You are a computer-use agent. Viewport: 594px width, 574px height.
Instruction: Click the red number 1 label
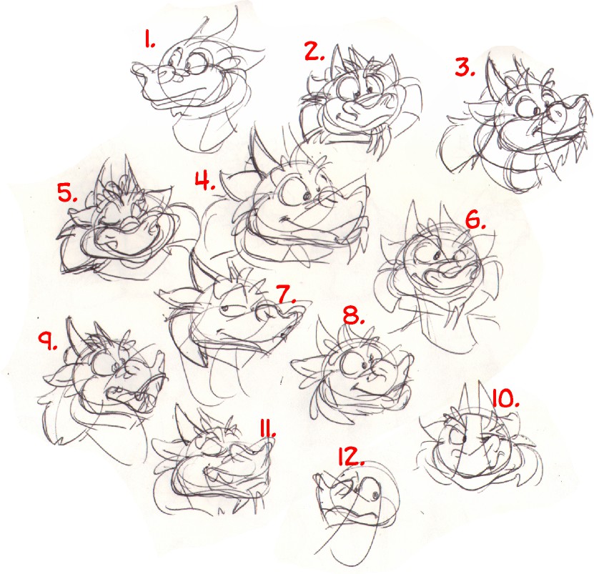point(149,39)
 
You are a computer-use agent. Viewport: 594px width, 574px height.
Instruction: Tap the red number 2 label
point(315,51)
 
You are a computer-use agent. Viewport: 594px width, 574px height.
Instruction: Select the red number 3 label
point(465,68)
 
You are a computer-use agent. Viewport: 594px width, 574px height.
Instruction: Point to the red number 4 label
point(205,180)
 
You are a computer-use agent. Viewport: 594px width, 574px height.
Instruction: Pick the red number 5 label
point(67,192)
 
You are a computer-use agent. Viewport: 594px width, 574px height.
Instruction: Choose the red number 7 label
point(287,294)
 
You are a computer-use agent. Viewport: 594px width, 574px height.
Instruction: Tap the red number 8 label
point(354,315)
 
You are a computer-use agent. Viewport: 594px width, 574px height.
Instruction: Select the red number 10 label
point(505,399)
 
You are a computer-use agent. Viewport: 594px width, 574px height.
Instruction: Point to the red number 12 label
point(350,457)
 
